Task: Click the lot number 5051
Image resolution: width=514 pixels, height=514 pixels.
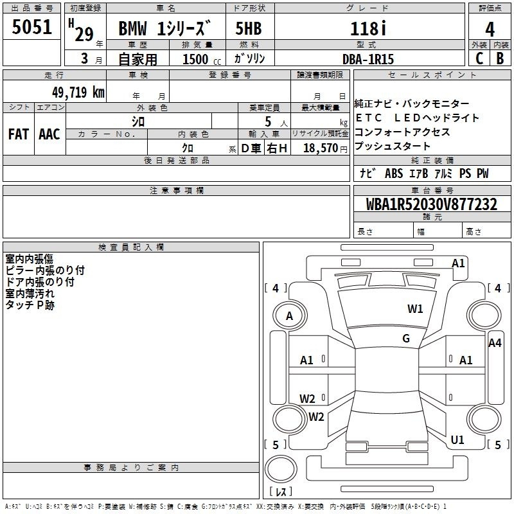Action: pyautogui.click(x=32, y=28)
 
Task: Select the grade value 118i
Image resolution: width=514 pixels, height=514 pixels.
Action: pyautogui.click(x=368, y=28)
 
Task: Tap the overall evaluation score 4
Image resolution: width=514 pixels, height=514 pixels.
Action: pyautogui.click(x=490, y=29)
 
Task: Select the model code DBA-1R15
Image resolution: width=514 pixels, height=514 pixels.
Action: pyautogui.click(x=368, y=58)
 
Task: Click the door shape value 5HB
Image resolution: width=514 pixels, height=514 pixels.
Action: pyautogui.click(x=248, y=29)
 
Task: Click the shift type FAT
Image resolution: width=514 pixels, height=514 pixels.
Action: pyautogui.click(x=18, y=134)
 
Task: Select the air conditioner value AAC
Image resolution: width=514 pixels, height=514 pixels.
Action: pyautogui.click(x=49, y=134)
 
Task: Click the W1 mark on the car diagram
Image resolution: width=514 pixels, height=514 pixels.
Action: pyautogui.click(x=415, y=309)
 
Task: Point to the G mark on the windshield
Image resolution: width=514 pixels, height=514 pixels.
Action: pyautogui.click(x=406, y=339)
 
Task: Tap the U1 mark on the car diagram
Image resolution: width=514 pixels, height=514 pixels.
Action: pyautogui.click(x=457, y=440)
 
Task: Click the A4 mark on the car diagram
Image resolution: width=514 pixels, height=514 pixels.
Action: pyautogui.click(x=494, y=343)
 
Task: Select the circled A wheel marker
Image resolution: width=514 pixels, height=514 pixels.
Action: pyautogui.click(x=289, y=316)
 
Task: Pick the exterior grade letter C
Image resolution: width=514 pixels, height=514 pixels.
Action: pyautogui.click(x=478, y=58)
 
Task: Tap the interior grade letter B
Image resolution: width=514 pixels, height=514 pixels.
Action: pyautogui.click(x=500, y=58)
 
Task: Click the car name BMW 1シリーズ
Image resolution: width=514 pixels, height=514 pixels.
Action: pyautogui.click(x=164, y=30)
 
